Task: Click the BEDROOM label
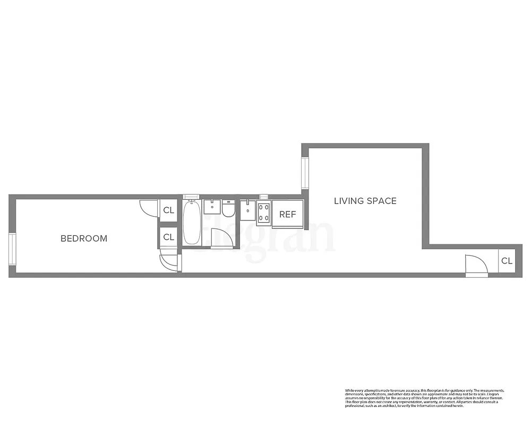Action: [84, 239]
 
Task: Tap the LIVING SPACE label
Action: [365, 201]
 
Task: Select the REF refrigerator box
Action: [287, 215]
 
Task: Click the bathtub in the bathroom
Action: [192, 223]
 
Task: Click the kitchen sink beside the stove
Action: [247, 209]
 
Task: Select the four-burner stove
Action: [263, 213]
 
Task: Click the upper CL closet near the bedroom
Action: [168, 210]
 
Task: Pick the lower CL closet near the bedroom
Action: [168, 237]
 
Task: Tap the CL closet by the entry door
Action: [507, 261]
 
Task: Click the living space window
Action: [305, 173]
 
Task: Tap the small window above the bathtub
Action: [191, 197]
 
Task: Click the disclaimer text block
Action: [424, 398]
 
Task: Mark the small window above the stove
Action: [264, 197]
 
